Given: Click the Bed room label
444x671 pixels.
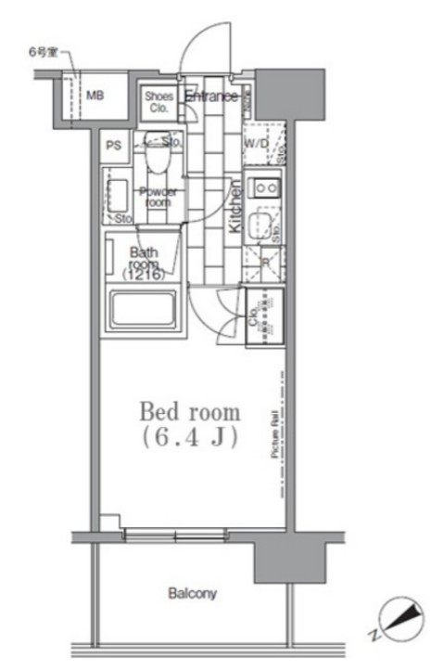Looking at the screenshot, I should coord(190,410).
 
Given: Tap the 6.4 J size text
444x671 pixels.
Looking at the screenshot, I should coord(190,437).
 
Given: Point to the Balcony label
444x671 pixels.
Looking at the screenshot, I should coord(192,592).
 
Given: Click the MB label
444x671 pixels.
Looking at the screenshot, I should coord(95,95).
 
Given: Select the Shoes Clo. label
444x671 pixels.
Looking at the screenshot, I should coord(157,100).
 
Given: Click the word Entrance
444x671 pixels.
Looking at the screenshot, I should coord(210,97).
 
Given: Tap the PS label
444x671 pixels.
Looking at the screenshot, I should coord(113,145).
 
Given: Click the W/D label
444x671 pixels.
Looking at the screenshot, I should coord(257,145).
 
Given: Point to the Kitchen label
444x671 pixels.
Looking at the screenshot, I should coord(235,206).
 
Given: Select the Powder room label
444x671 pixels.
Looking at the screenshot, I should coord(158,196).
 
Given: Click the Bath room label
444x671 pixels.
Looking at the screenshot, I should coord(143,257).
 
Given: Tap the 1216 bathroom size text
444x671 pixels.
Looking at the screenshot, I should coord(143,275).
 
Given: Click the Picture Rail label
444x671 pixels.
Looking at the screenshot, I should coord(274,435).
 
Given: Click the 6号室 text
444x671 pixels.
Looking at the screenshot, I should coord(42,52).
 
